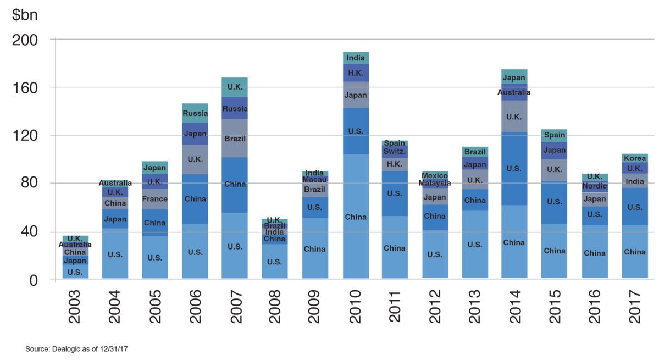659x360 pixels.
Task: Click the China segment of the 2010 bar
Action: [356, 217]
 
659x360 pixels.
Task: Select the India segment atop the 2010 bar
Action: [356, 58]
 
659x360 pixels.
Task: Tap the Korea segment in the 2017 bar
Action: [635, 158]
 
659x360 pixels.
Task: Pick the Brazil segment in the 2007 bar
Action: [235, 138]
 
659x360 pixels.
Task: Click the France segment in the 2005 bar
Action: [154, 199]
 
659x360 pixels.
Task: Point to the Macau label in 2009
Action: [315, 180]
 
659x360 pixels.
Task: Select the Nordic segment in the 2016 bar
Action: [595, 186]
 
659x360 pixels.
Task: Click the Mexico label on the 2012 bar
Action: [435, 175]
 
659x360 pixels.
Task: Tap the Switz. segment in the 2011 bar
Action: [395, 151]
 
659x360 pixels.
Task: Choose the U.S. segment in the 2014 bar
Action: [514, 168]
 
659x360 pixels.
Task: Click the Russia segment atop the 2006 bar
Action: [195, 113]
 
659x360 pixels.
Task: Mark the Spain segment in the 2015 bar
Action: [555, 135]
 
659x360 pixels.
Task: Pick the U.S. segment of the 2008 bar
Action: [274, 262]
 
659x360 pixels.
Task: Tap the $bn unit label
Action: [24, 15]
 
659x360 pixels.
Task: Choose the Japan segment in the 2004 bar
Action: [115, 219]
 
